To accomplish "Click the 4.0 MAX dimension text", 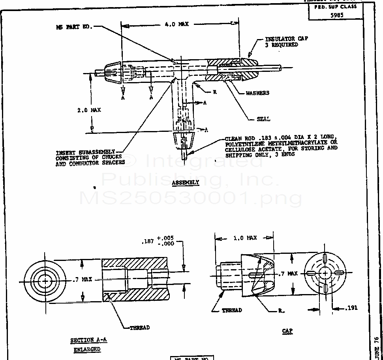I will click(176, 24).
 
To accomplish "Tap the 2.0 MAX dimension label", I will click(89, 110).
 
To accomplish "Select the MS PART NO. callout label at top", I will click(74, 27).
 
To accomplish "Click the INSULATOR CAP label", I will click(286, 39).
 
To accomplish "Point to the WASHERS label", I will click(257, 93).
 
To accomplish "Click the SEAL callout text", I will click(263, 119).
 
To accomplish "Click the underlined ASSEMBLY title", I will click(186, 182).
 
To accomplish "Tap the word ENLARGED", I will click(87, 349).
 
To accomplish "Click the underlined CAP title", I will click(287, 331).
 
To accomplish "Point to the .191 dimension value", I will click(351, 308).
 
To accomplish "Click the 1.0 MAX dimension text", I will click(245, 238).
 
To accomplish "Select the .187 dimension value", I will click(148, 241).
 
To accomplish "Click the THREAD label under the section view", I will click(140, 328).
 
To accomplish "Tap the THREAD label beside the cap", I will click(232, 310).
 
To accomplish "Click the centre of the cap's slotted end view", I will click(325, 273).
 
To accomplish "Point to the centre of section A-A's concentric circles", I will click(45, 280).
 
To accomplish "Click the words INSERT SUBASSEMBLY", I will click(85, 152).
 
